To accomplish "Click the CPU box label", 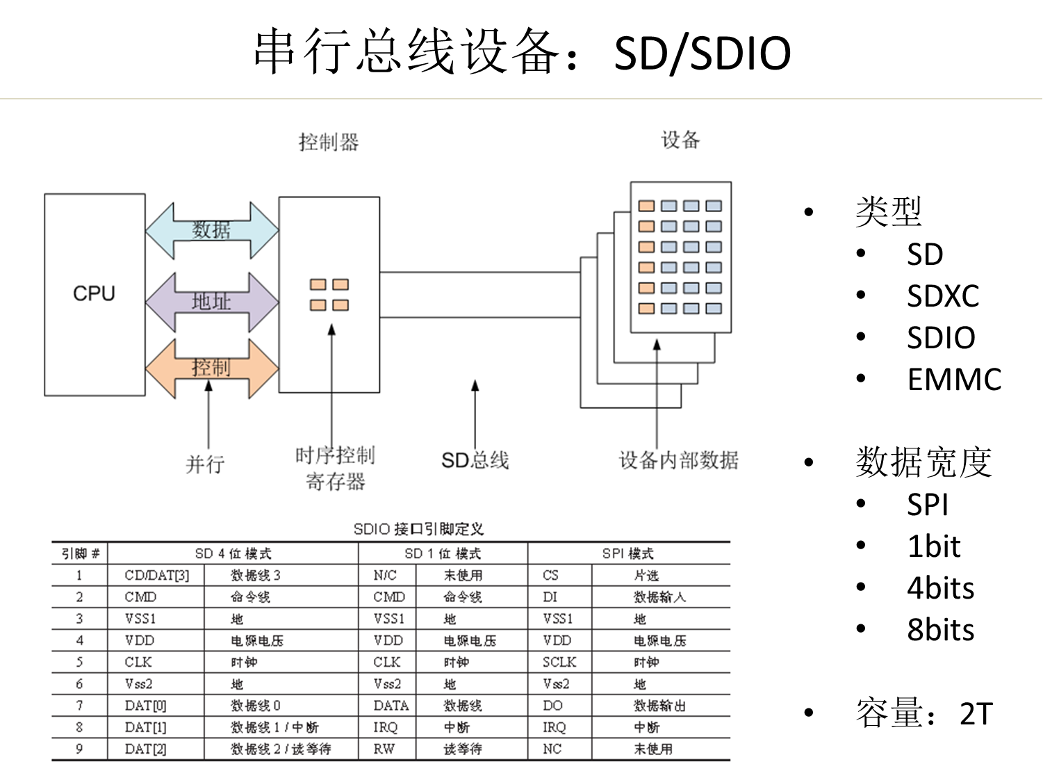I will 94,293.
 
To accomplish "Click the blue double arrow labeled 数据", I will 211,230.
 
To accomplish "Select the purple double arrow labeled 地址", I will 211,302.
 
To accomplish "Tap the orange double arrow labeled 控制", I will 211,368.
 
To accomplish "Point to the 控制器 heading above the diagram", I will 329,143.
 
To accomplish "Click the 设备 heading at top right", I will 680,140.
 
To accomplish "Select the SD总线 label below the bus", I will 475,460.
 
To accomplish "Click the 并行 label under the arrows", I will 205,464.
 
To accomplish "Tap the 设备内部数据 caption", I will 678,460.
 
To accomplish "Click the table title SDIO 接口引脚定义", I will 418,529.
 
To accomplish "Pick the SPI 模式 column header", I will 628,553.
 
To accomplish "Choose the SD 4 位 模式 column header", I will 233,553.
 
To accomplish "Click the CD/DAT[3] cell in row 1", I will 156,575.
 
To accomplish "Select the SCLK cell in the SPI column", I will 559,662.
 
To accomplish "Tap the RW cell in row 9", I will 384,749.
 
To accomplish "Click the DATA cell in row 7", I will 391,706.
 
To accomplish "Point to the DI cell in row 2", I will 550,596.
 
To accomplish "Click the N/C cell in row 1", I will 385,575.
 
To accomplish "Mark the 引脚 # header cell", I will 80,553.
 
